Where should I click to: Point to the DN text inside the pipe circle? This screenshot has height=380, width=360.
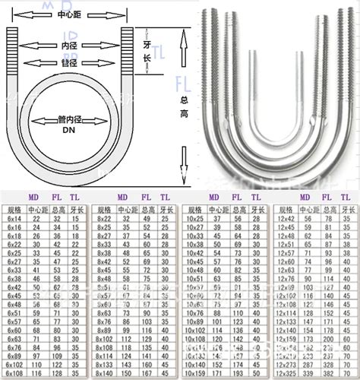pyautogui.click(x=68, y=130)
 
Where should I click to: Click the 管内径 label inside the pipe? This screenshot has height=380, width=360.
pyautogui.click(x=68, y=119)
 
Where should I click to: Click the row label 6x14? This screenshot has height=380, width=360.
pyautogui.click(x=14, y=218)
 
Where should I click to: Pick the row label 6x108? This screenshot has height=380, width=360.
pyautogui.click(x=15, y=374)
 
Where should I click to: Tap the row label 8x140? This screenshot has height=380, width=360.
pyautogui.click(x=105, y=374)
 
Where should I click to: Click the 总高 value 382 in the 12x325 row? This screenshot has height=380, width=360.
pyautogui.click(x=327, y=374)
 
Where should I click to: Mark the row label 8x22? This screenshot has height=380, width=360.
pyautogui.click(x=104, y=218)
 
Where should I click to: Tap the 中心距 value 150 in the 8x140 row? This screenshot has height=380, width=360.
pyautogui.click(x=127, y=374)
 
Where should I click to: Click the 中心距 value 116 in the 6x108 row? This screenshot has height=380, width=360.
pyautogui.click(x=35, y=374)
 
